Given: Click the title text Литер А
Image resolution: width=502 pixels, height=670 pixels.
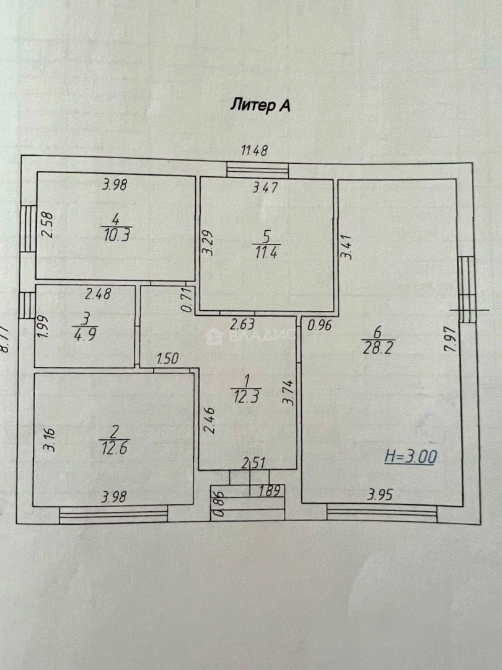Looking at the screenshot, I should click(260, 105).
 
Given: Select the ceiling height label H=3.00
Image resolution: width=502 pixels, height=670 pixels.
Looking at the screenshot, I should click(410, 457).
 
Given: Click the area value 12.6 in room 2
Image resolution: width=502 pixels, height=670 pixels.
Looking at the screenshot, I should click(114, 447).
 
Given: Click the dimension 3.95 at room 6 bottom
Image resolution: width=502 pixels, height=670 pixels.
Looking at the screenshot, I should click(380, 495).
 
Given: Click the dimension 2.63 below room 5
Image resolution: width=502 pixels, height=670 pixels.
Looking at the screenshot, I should click(243, 324).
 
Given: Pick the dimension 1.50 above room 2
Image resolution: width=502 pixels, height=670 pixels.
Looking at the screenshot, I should click(168, 359).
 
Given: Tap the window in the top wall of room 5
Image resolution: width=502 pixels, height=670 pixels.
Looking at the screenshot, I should click(257, 169).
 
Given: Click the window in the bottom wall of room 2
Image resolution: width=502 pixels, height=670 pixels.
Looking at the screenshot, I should click(113, 512).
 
